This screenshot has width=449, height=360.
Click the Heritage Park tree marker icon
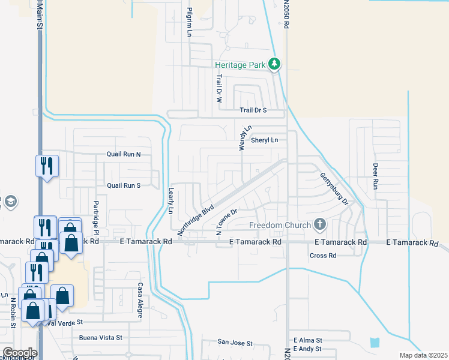point(274,64)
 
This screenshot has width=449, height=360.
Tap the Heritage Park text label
point(240,65)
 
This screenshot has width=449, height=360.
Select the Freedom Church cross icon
point(320,226)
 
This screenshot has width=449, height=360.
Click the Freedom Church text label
point(280,226)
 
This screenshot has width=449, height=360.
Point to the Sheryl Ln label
point(265,140)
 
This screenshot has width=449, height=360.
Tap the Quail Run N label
point(123,154)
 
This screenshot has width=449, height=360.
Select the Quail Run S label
point(123,185)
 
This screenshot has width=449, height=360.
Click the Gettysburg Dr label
point(334,188)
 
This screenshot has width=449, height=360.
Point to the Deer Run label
point(376,176)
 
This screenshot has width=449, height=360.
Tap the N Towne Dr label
point(227,221)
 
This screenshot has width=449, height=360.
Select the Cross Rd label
point(323,256)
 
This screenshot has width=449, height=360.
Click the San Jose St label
point(235,343)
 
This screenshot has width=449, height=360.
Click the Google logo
point(20,353)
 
